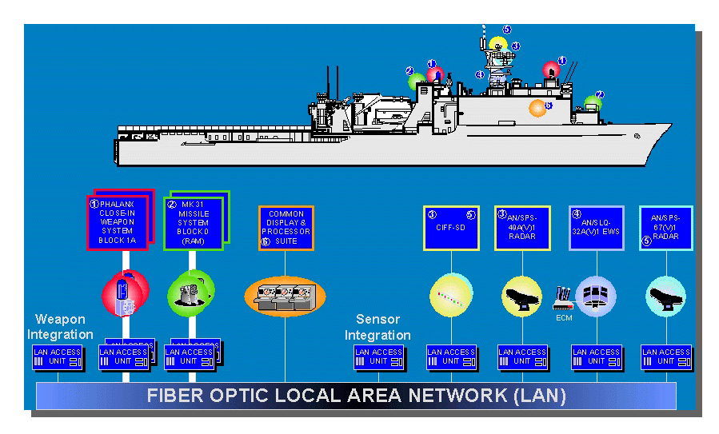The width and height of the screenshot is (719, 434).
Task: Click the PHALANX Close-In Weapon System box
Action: pyautogui.click(x=118, y=222)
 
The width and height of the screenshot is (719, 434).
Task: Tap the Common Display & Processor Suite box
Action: pyautogui.click(x=286, y=228)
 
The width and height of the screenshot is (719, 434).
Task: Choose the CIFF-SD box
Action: pyautogui.click(x=451, y=228)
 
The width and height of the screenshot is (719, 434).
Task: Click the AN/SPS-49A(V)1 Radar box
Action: pyautogui.click(x=522, y=228)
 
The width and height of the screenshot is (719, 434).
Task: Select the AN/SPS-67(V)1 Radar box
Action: pyautogui.click(x=665, y=228)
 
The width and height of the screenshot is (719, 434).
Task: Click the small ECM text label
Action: pyautogui.click(x=564, y=317)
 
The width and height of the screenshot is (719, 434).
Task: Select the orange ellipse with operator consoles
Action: pyautogui.click(x=286, y=297)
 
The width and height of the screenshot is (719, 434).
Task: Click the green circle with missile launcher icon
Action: pyautogui.click(x=191, y=292)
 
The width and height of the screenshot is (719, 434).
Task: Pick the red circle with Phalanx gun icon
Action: pyautogui.click(x=125, y=293)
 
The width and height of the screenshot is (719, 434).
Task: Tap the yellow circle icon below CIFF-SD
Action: pyautogui.click(x=451, y=297)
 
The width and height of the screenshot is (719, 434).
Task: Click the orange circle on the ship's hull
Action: pyautogui.click(x=537, y=108)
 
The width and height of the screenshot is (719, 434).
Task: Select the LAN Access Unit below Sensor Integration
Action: pyautogui.click(x=378, y=356)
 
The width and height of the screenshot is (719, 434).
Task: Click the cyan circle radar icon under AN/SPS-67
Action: pyautogui.click(x=665, y=297)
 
